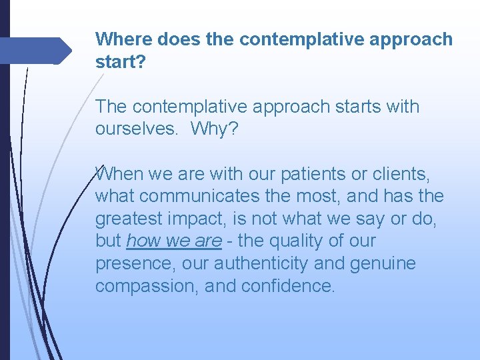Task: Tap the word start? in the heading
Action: click(x=119, y=62)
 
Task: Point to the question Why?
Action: click(x=213, y=129)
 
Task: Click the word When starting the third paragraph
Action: click(x=119, y=174)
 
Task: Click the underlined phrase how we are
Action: click(x=173, y=241)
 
